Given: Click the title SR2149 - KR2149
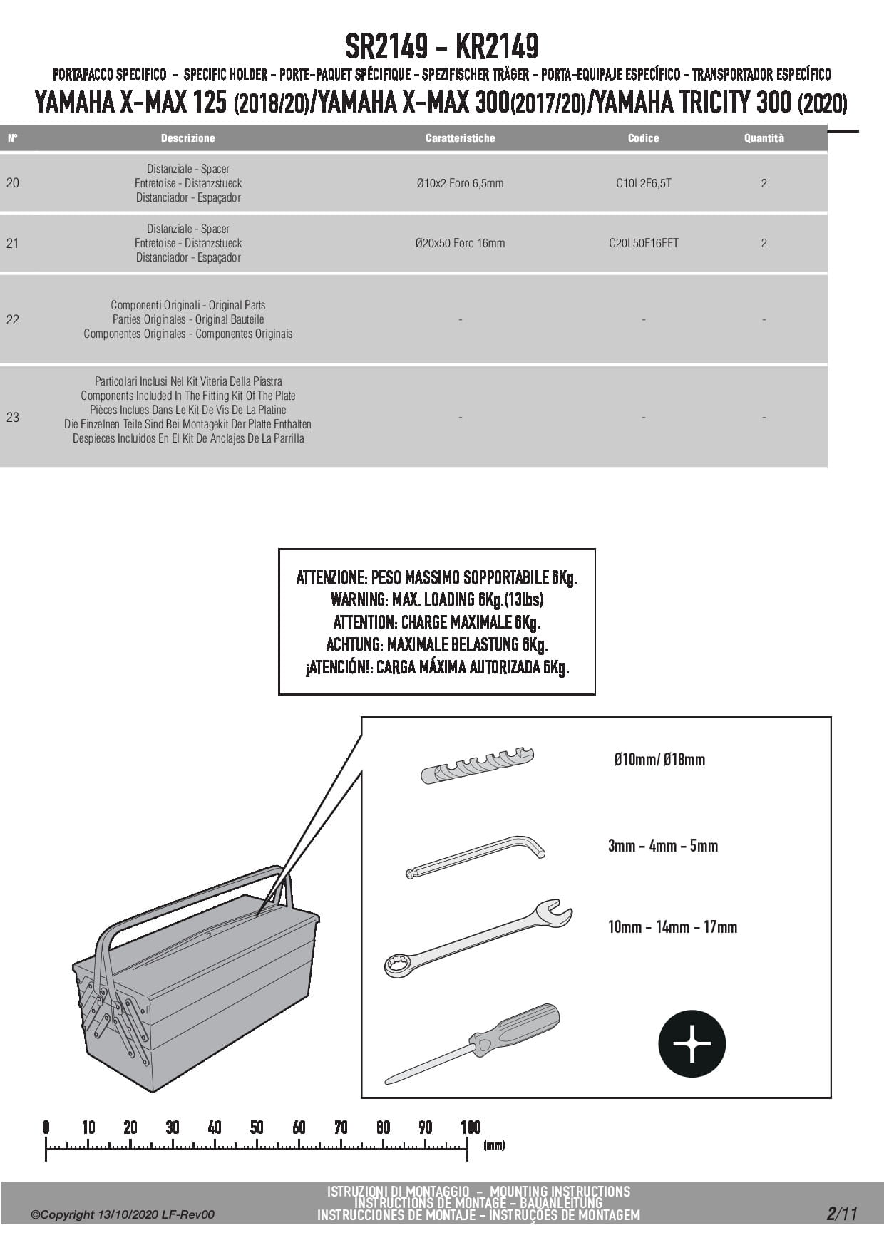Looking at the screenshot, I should (441, 47).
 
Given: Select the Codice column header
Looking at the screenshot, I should (643, 138).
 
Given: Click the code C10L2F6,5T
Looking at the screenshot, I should (643, 183).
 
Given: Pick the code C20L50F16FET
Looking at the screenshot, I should (643, 243).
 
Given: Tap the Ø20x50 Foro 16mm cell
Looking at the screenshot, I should (460, 243).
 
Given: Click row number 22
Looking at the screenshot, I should (13, 319).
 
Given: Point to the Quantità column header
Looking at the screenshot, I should (764, 138).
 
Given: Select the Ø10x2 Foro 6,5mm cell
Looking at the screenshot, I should (460, 183).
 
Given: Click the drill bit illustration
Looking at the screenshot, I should (477, 765).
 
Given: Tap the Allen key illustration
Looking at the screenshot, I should (475, 855).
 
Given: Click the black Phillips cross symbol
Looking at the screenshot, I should (692, 1043).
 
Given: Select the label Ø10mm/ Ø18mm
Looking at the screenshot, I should (659, 760).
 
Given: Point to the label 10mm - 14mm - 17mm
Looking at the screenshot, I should (672, 927).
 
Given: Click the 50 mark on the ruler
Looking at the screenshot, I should (257, 1127).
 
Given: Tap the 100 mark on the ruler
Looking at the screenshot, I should (470, 1127).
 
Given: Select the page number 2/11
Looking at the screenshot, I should (841, 1214).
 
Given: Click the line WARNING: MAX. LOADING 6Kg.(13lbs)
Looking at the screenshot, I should (436, 599).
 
